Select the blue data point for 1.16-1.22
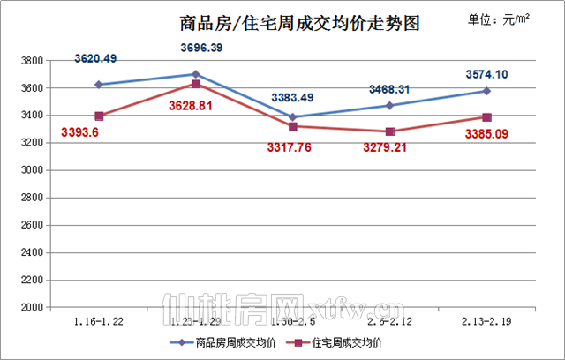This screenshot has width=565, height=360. (x=99, y=85)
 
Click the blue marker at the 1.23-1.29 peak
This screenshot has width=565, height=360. (x=195, y=74)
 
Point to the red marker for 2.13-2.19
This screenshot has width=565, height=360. (x=486, y=117)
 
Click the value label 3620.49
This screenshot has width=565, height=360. (x=97, y=59)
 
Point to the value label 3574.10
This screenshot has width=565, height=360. (x=486, y=74)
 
